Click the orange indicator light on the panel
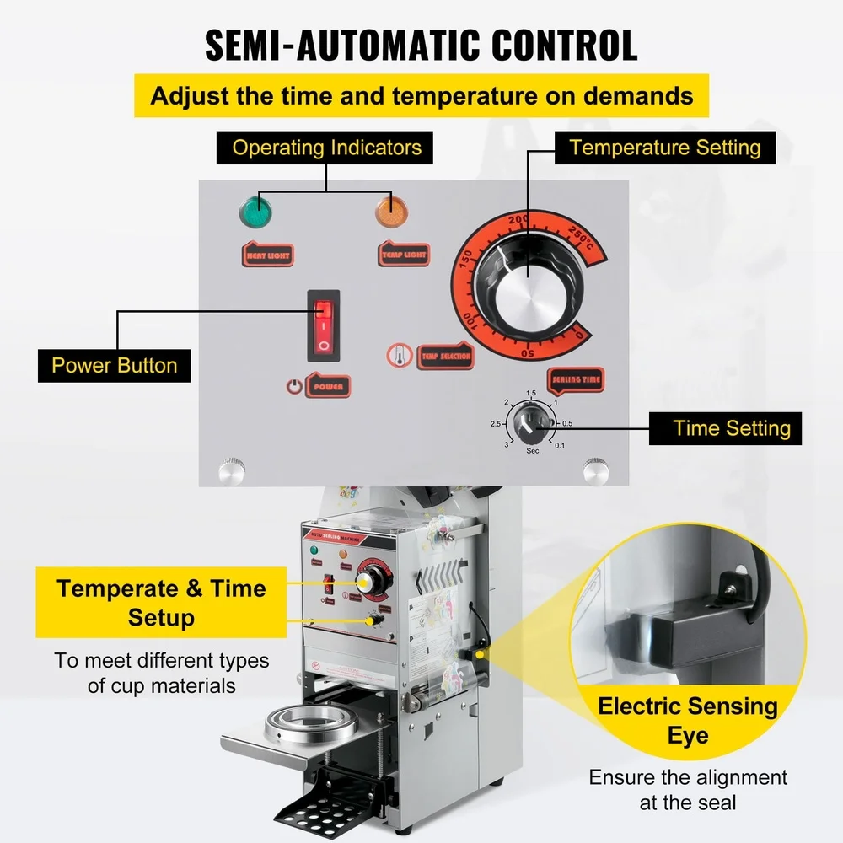coord(389,209)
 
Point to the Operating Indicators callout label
coord(326,148)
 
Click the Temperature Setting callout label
coord(664,148)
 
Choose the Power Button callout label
coord(115,366)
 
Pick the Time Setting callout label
coord(732,428)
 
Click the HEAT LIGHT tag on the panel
coord(267,254)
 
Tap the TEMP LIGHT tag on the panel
coord(404,254)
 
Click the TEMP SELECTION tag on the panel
coord(446,357)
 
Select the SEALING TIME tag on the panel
coord(577,379)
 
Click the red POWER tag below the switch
coord(328,386)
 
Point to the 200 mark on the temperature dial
coord(518,219)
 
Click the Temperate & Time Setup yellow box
coord(161,603)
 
